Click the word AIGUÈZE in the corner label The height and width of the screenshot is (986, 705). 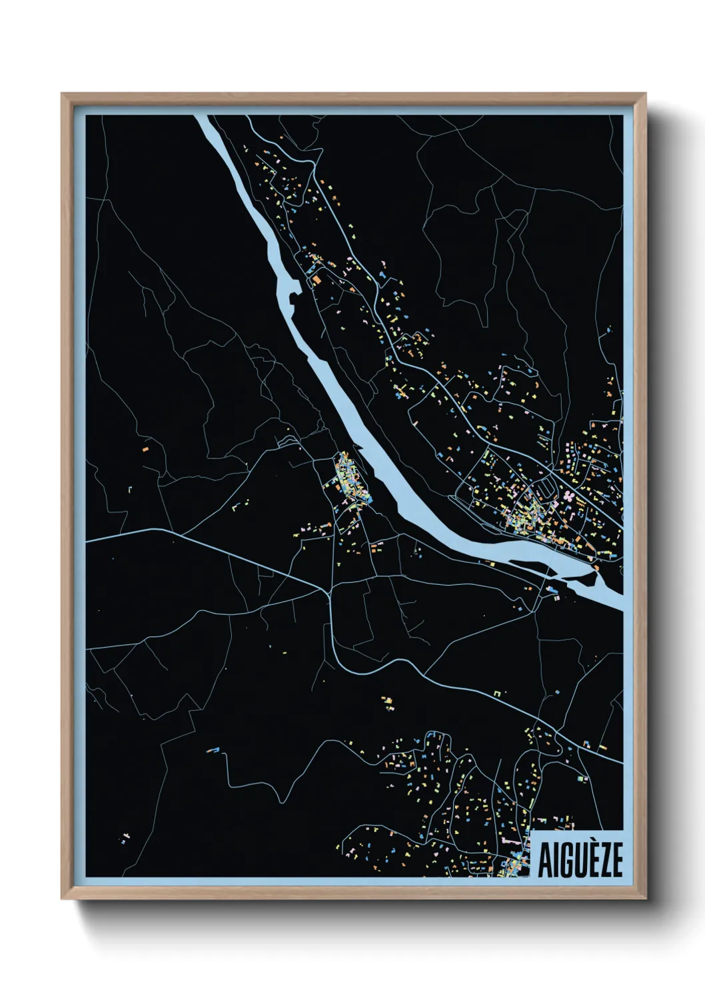pyautogui.click(x=580, y=859)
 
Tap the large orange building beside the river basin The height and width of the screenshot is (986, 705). pyautogui.click(x=318, y=280)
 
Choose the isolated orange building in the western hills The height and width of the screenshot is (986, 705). pyautogui.click(x=144, y=450)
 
